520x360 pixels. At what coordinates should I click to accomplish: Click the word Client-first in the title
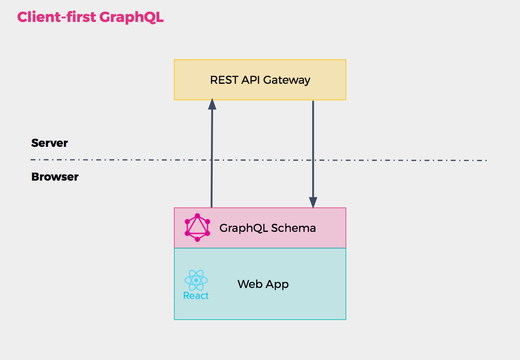coord(57,17)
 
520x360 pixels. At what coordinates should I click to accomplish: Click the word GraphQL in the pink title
coord(131,17)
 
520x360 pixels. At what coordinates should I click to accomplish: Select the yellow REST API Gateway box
coord(260,92)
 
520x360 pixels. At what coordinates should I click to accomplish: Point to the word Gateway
coord(287,80)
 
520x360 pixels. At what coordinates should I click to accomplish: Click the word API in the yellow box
coord(248,80)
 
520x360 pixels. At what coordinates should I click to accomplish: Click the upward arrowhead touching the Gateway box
coord(212,104)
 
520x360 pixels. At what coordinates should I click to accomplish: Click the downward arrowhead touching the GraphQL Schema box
coord(313,202)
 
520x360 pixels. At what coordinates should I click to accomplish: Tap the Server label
coord(50,143)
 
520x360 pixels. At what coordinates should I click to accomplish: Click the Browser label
coord(55,177)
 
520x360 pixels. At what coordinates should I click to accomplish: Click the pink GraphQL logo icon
coord(197,227)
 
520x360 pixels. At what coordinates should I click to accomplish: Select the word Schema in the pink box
coord(294,228)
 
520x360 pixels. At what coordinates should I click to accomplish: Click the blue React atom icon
coord(196,280)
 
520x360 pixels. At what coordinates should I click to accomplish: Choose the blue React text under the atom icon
coord(196,296)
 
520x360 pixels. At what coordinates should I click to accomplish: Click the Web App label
coord(263,284)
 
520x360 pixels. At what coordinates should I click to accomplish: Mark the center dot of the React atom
coord(196,280)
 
